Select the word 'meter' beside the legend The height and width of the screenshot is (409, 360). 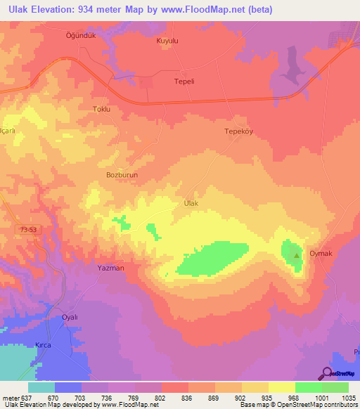(x=11, y=398)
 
